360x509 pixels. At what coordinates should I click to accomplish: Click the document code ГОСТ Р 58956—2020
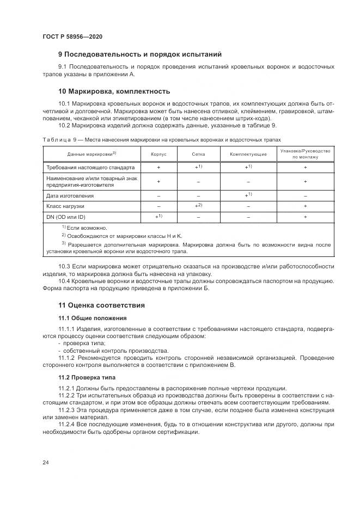[x=72, y=36]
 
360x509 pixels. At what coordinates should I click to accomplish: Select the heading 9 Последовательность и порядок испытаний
[x=140, y=54]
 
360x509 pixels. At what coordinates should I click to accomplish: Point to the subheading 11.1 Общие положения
[x=93, y=318]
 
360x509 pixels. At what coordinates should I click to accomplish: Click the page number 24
[x=46, y=462]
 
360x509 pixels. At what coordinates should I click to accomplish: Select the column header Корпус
[x=158, y=154]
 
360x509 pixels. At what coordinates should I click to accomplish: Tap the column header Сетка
[x=198, y=154]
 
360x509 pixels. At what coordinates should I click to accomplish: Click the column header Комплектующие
[x=248, y=154]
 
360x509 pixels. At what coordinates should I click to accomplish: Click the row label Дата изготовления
[x=70, y=195]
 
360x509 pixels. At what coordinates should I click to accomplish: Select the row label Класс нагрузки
[x=65, y=206]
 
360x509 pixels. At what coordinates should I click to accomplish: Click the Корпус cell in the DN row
[x=158, y=217]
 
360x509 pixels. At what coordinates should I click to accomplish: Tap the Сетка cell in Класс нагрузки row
[x=198, y=206]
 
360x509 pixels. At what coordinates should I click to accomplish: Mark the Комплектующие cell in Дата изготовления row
[x=248, y=195]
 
